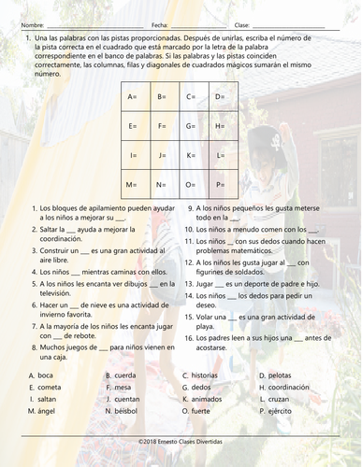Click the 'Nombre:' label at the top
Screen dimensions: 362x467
coord(31,24)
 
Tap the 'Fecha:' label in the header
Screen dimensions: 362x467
coord(159,24)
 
